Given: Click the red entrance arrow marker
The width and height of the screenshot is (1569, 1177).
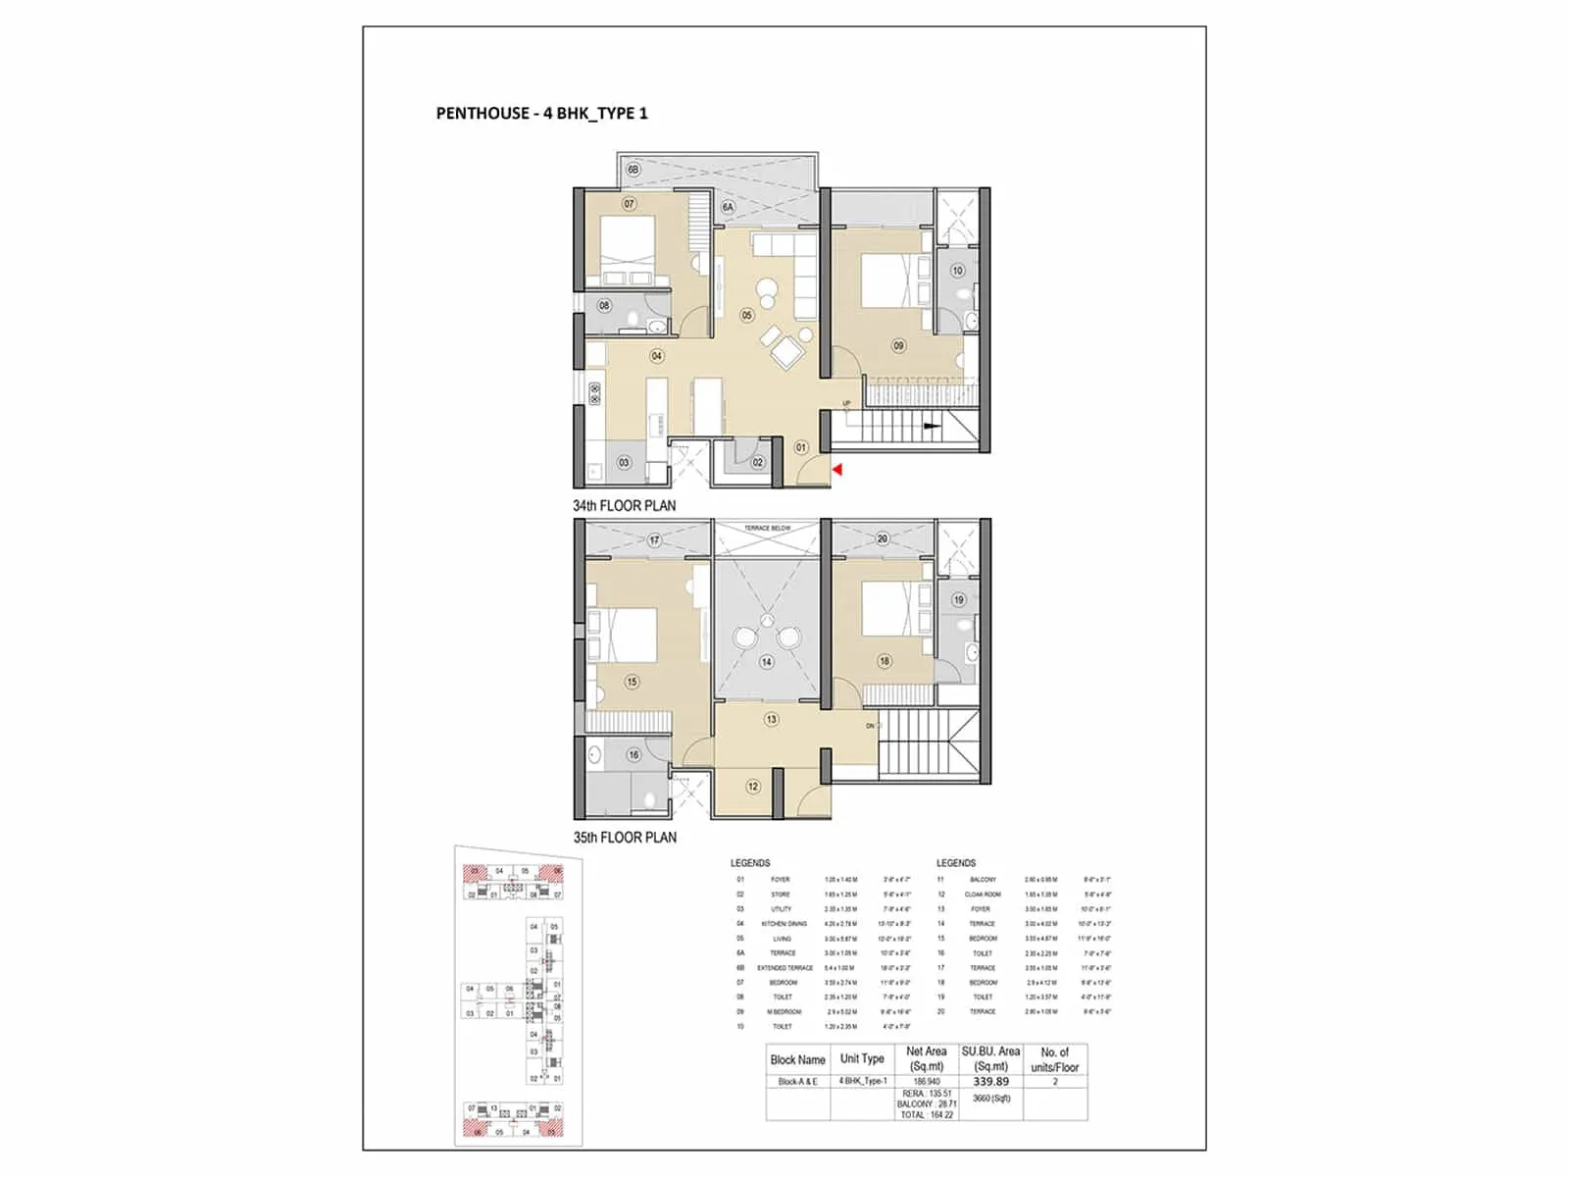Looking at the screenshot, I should click(837, 472).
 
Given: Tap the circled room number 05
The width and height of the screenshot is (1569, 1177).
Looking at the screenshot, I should click(747, 316).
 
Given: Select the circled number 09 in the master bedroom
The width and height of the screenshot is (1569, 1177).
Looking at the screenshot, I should click(898, 345).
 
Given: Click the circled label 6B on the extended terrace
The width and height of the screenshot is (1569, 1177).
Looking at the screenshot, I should click(633, 170).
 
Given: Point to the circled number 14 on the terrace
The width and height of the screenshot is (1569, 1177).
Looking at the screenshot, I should click(766, 662).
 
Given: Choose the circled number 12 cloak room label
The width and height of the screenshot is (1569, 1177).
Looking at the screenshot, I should click(753, 787).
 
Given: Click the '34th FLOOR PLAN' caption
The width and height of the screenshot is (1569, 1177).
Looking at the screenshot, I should click(624, 506).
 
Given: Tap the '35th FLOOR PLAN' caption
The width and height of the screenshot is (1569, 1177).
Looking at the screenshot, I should click(625, 838).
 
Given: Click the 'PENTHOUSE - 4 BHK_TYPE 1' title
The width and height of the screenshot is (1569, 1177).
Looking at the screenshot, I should click(541, 114).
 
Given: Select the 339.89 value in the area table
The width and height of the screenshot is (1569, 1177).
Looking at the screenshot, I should click(990, 1082).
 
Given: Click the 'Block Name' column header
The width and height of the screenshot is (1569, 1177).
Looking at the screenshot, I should click(797, 1060).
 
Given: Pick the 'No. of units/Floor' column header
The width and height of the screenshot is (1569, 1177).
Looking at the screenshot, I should click(1054, 1059).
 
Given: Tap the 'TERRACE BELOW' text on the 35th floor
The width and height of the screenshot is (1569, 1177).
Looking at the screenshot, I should click(767, 529).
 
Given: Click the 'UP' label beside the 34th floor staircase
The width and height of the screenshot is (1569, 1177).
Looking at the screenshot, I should click(847, 403).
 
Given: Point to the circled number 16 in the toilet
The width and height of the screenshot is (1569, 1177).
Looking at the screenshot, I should click(633, 755).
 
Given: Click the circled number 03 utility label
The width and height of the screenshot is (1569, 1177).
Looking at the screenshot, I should click(624, 463).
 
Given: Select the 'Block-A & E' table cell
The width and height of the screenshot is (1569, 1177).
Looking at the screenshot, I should click(797, 1082).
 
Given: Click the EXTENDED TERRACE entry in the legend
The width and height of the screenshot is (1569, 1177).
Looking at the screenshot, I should click(784, 968).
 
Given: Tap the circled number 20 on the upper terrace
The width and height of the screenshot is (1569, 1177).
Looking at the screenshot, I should click(883, 539).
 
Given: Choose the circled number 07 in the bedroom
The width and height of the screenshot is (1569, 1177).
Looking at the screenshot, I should click(629, 204).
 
